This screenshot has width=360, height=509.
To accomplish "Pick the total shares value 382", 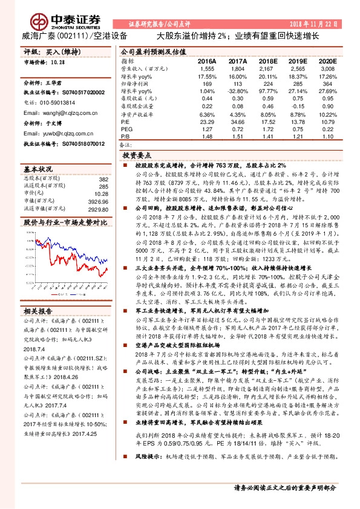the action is [x=103, y=180].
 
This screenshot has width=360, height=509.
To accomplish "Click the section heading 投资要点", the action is [x=143, y=155].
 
